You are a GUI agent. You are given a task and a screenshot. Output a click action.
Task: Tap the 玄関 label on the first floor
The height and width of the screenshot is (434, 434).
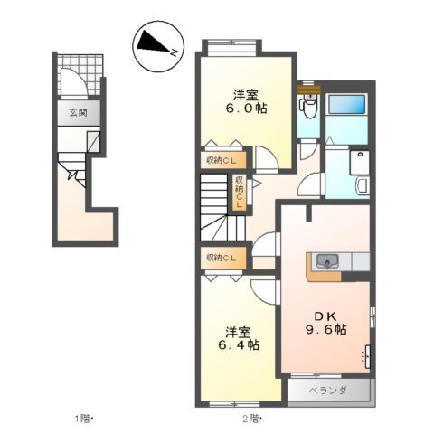77,113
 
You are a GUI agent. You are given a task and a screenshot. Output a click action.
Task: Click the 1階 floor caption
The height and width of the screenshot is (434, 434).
83,418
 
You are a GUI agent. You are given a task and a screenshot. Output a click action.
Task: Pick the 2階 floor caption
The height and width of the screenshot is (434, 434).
250,418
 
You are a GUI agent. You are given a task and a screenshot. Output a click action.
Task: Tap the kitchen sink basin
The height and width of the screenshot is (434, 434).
327,262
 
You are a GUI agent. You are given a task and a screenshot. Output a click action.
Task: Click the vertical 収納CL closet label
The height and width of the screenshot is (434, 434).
240,193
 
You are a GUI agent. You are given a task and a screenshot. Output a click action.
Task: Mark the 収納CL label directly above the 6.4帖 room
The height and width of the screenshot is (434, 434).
222,259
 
